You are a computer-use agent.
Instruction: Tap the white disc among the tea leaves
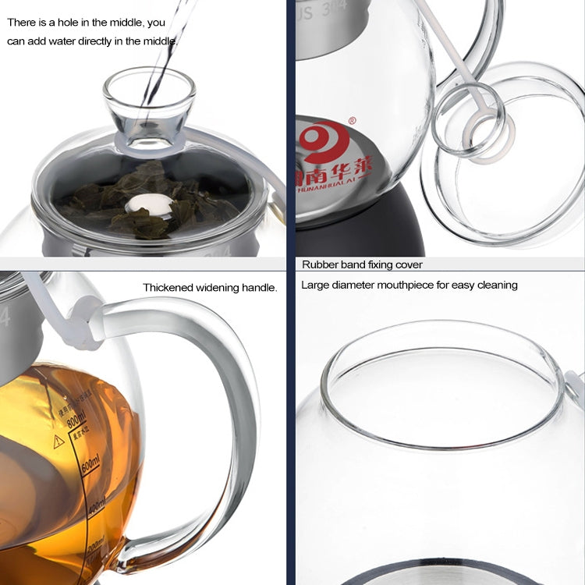[x=151, y=205]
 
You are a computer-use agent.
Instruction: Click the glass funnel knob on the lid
[x=149, y=106]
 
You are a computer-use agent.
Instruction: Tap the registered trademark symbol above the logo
[x=352, y=121]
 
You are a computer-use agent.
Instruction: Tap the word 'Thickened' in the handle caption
[x=168, y=288]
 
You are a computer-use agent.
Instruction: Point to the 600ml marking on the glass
[x=90, y=463]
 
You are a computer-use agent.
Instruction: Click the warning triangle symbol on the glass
[x=58, y=441]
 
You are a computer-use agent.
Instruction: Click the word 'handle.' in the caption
[x=261, y=288]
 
